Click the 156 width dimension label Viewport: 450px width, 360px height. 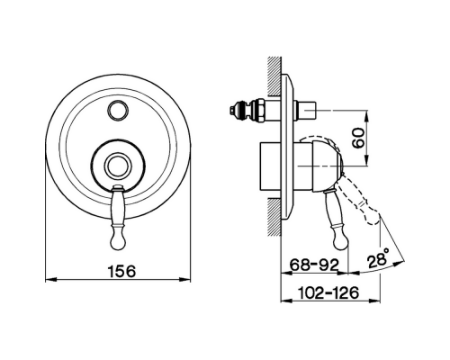pos(121,271)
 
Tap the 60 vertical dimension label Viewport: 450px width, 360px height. pos(358,138)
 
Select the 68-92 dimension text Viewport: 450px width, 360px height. pos(314,265)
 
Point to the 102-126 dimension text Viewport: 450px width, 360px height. pos(328,292)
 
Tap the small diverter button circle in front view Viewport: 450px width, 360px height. pos(118,111)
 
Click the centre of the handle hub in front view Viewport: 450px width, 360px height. pos(118,166)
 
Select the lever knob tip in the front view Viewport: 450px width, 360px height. pos(117,239)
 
